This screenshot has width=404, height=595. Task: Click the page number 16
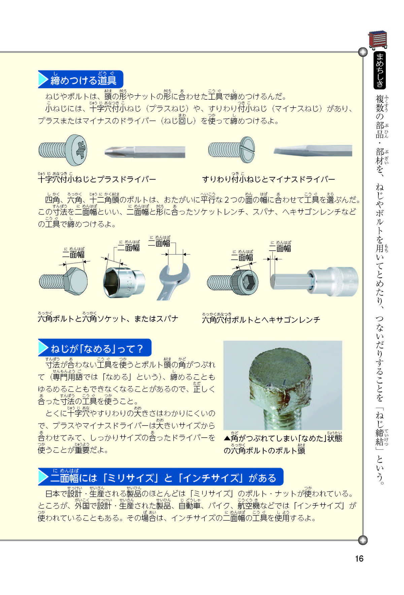point(359,559)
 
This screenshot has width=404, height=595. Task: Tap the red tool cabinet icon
point(377,40)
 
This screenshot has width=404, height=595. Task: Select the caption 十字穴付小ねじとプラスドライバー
point(97,179)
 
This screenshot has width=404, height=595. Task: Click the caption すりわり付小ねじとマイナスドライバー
point(269,179)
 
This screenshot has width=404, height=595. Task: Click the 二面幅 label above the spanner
point(159,243)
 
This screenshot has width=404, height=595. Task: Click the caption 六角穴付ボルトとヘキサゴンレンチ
point(261,319)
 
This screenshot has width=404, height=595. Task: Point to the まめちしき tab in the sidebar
point(380,70)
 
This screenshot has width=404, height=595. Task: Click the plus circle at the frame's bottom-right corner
point(363,540)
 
